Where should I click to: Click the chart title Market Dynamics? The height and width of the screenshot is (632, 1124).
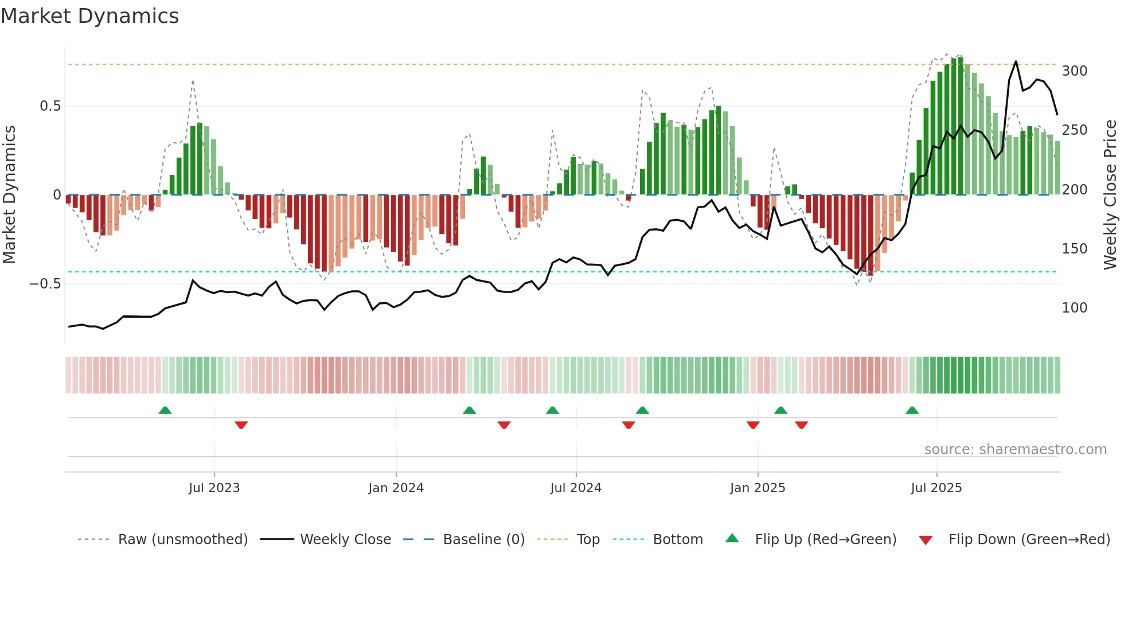(x=89, y=16)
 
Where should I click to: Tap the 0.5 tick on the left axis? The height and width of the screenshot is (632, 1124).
(x=50, y=106)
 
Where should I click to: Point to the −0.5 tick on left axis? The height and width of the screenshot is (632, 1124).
(x=45, y=284)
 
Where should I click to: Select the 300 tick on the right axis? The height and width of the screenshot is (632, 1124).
(x=1074, y=71)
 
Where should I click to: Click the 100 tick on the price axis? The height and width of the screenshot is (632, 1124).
(x=1074, y=308)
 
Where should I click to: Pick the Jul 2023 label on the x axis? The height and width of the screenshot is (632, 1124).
(x=214, y=488)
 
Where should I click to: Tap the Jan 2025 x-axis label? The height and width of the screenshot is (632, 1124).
(x=757, y=488)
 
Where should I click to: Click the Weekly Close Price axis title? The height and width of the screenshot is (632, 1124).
(x=1110, y=195)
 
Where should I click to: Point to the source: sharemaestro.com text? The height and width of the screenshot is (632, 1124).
(x=1015, y=450)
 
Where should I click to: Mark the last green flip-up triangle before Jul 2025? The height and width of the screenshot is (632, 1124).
(x=912, y=411)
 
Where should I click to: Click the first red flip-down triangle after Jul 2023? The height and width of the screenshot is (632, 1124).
(x=241, y=424)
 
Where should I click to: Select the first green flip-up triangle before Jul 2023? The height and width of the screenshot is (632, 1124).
(x=165, y=411)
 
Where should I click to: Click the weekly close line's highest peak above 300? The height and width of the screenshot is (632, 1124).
(x=1016, y=61)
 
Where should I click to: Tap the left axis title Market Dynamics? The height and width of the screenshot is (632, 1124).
(x=9, y=195)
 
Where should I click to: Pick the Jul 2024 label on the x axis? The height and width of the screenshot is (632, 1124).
(x=575, y=488)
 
